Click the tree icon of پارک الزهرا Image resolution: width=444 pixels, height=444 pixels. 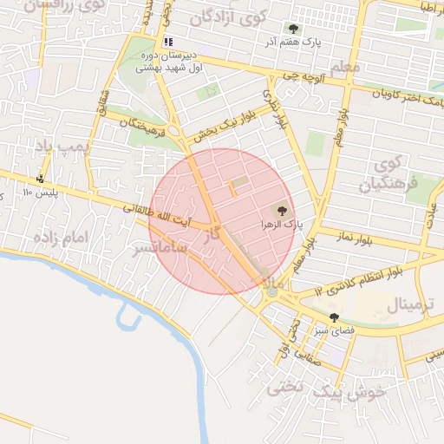pyautogui.click(x=280, y=210)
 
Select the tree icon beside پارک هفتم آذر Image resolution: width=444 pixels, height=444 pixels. pyautogui.click(x=294, y=28)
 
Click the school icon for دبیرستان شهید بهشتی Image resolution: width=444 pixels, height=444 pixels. pyautogui.click(x=168, y=41)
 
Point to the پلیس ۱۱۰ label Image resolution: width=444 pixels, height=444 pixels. pyautogui.click(x=39, y=193)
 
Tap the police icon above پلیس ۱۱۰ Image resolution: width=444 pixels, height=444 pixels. pyautogui.click(x=39, y=180)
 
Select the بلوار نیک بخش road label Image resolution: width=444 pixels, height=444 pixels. pyautogui.click(x=217, y=126)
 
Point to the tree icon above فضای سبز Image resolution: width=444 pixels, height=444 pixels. pyautogui.click(x=334, y=317)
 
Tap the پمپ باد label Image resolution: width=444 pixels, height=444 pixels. pyautogui.click(x=62, y=147)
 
